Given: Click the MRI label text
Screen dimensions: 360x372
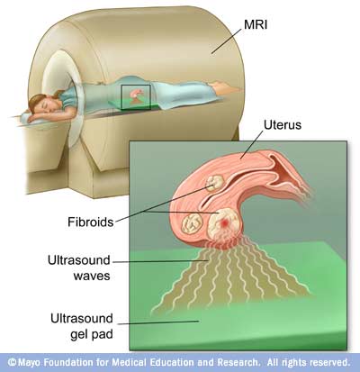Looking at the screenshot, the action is (x=256, y=24).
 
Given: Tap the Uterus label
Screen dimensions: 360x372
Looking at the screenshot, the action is (x=283, y=124).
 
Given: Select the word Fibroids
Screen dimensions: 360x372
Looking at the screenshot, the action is (x=91, y=222).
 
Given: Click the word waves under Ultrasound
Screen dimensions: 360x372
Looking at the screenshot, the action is (x=92, y=276).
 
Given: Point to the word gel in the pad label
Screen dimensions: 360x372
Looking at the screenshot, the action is (x=81, y=334).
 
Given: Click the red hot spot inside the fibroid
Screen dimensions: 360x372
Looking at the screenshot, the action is (x=224, y=223).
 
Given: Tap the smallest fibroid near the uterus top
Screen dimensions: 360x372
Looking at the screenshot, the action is (x=215, y=183).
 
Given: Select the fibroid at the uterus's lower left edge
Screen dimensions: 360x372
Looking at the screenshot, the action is (x=193, y=223).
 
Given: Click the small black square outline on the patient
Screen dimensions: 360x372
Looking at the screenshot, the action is (x=136, y=96).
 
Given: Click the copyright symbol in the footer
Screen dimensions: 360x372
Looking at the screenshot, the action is (x=12, y=362).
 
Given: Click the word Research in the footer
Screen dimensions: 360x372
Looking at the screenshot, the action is (x=238, y=362).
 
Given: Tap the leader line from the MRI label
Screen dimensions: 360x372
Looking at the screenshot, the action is (x=226, y=41).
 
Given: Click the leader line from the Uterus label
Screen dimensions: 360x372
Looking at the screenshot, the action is (x=252, y=144).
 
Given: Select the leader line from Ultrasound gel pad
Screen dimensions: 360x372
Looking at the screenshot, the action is (x=158, y=322).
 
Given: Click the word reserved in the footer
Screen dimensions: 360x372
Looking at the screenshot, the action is (x=329, y=362).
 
